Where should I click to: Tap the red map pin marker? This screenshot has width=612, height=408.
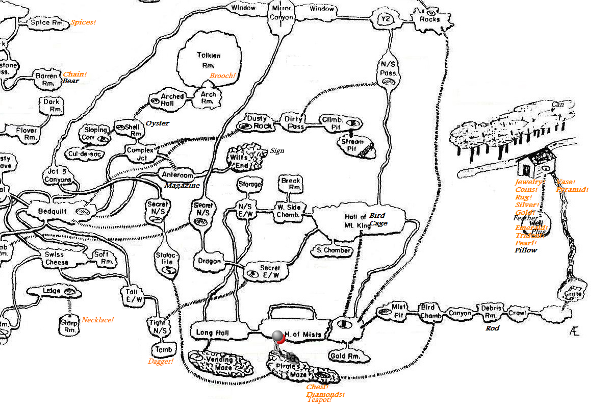[x=278, y=337]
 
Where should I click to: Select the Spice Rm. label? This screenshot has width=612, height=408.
[x=47, y=22]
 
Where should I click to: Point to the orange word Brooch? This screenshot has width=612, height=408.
[x=222, y=76]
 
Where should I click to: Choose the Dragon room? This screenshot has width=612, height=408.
[x=209, y=262]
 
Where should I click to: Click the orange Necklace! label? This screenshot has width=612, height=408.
[x=97, y=320]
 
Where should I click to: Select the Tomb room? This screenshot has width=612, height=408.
[x=164, y=350]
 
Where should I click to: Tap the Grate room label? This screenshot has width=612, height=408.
[x=570, y=294]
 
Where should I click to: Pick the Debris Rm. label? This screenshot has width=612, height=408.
[x=492, y=312]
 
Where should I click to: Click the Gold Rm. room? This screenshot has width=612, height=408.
[x=345, y=356]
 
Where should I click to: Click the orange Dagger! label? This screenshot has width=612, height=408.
[x=161, y=362]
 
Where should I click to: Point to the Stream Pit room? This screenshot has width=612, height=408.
[x=352, y=144]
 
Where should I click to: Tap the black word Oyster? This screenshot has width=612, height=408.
[x=157, y=123]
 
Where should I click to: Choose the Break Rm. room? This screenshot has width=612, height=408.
[x=291, y=184]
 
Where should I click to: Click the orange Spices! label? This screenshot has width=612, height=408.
[x=83, y=22]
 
